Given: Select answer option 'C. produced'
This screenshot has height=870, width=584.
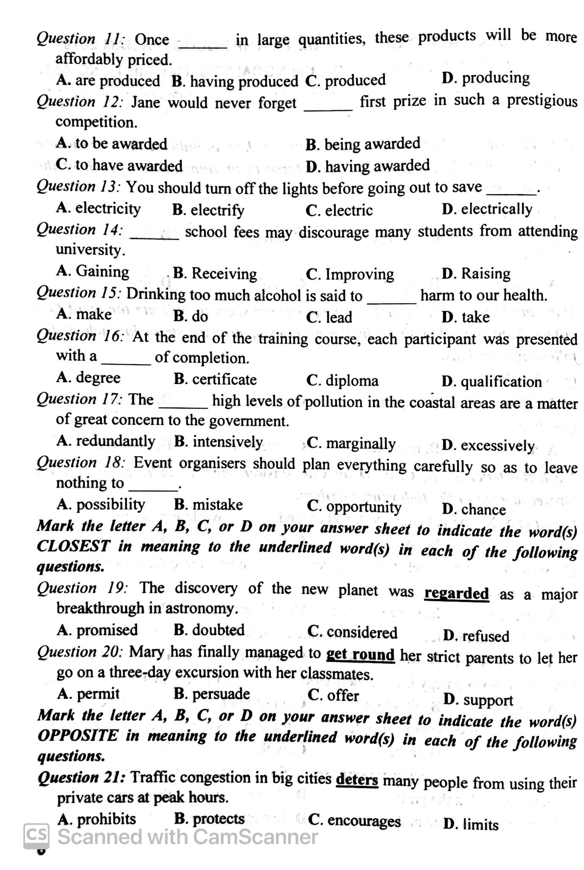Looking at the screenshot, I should (345, 80).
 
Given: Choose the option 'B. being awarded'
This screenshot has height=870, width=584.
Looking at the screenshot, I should (362, 144).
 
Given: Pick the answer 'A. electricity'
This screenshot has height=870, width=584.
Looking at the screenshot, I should (98, 208).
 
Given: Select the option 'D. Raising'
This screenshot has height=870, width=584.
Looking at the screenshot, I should (476, 273).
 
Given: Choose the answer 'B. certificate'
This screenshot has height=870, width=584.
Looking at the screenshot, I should (215, 379).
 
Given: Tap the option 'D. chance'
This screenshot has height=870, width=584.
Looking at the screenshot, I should (474, 509).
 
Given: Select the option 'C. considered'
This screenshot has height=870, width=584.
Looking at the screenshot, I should (352, 633).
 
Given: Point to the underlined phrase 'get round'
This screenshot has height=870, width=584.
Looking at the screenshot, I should (360, 654).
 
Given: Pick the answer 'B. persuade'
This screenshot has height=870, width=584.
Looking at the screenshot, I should (212, 694).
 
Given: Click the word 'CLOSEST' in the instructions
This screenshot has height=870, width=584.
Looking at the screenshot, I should (73, 546).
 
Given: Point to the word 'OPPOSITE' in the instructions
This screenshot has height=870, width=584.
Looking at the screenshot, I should (77, 735).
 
